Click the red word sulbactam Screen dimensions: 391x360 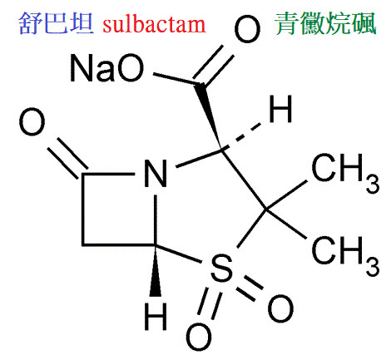coord(154,24)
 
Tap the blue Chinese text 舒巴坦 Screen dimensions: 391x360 coord(56,23)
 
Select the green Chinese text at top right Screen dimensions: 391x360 coord(325,23)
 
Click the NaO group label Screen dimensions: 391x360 coord(107,68)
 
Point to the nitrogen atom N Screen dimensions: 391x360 coord(156,174)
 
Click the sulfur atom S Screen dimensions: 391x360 coord(221,269)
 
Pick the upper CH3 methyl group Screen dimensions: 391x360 coord(345,173)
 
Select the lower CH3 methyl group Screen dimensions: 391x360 coord(345,256)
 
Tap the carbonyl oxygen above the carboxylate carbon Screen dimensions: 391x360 coord(247,29)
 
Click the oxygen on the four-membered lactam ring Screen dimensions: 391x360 coord(32,121)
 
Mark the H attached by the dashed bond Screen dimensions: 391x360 coord(280,109)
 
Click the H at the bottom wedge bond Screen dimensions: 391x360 coord(156,316)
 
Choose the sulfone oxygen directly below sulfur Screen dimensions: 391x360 coord(199,338)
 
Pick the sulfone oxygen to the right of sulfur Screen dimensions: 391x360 coord(280,308)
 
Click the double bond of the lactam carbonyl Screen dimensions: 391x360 coord(67,160)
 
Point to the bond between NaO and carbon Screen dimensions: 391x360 coord(177,79)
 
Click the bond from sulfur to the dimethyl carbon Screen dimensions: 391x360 coord(251,228)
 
